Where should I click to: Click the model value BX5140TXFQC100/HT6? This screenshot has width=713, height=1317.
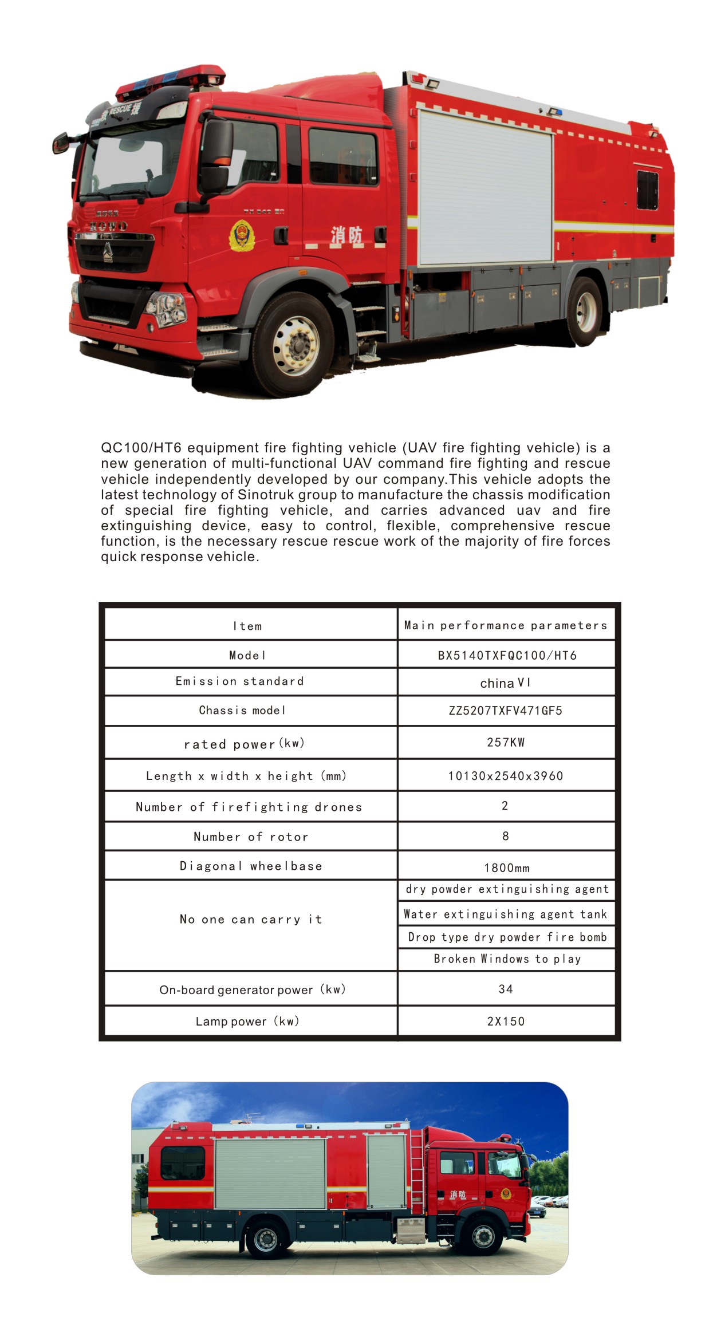click(507, 655)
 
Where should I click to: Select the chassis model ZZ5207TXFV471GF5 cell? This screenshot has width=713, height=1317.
click(506, 711)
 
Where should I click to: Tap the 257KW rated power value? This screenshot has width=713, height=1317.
click(506, 742)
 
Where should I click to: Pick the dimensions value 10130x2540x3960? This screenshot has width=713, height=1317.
click(506, 776)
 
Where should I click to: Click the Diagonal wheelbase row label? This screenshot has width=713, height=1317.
click(251, 866)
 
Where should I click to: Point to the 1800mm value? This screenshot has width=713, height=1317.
click(507, 868)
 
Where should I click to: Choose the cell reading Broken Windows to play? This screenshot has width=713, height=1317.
click(507, 959)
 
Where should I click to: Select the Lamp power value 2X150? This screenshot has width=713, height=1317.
click(506, 1021)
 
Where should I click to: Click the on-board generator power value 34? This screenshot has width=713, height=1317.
click(506, 989)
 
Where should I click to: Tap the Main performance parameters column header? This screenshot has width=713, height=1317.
click(506, 625)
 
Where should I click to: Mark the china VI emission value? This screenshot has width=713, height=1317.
click(506, 683)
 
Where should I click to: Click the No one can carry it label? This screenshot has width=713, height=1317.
click(251, 919)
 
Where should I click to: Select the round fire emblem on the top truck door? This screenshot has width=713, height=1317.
click(243, 236)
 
